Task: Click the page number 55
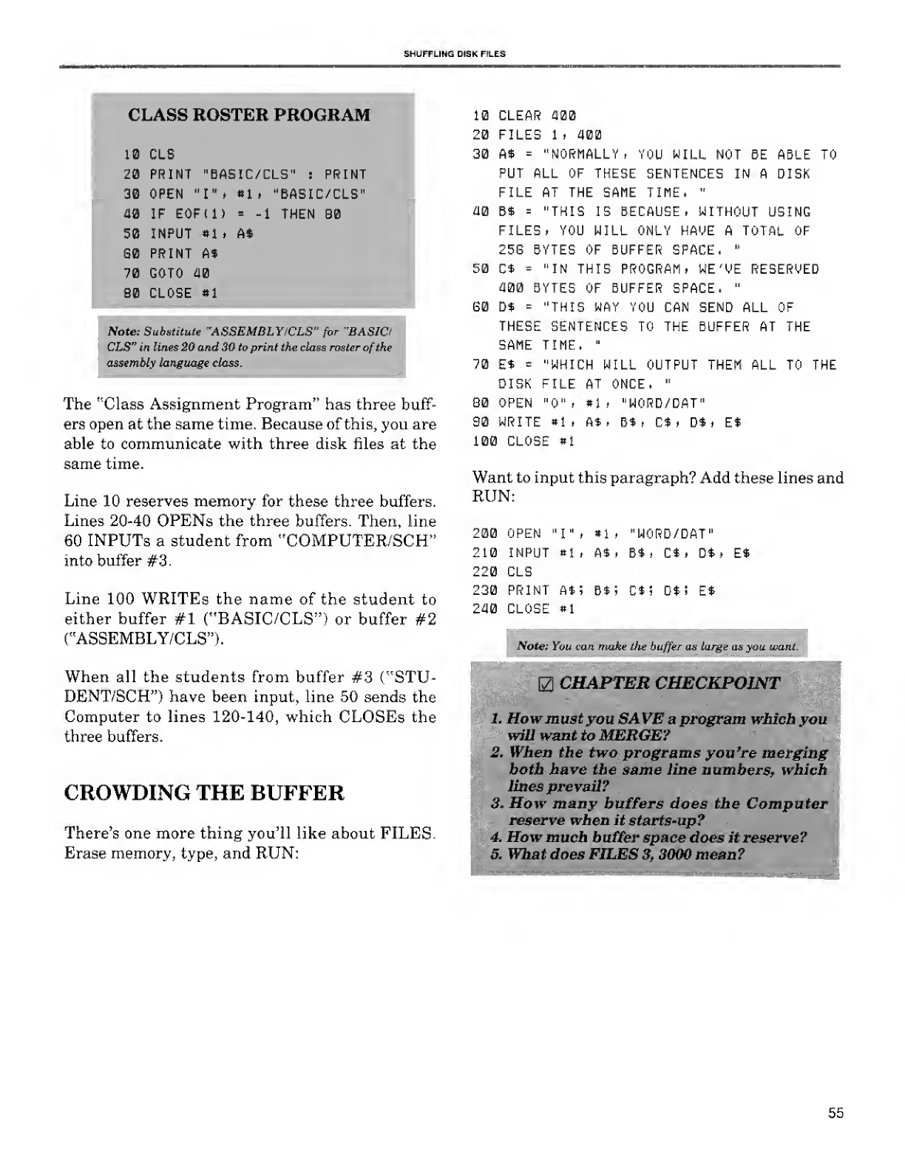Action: click(x=835, y=1113)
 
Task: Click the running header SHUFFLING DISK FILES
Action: click(x=453, y=54)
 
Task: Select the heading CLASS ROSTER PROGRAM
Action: click(x=249, y=115)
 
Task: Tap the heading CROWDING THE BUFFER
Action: click(x=204, y=793)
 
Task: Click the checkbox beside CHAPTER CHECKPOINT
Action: click(x=548, y=683)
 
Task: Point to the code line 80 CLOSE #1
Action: click(x=171, y=293)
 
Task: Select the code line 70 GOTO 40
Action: click(x=166, y=273)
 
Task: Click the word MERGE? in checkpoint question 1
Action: click(x=633, y=735)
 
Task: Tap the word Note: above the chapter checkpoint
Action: click(x=532, y=646)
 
